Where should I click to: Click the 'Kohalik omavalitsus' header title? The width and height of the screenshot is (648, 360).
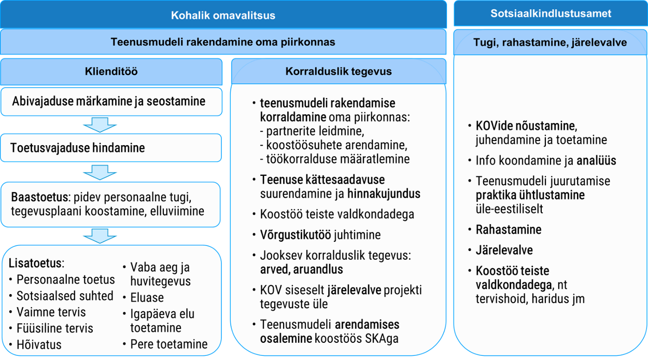tap(223, 16)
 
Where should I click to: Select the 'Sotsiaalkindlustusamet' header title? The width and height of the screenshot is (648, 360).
tap(551, 13)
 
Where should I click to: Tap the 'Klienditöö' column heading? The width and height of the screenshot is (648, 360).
tap(111, 71)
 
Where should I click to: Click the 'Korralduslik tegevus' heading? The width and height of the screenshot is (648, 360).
tap(339, 71)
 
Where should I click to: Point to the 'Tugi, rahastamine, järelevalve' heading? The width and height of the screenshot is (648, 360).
tap(550, 43)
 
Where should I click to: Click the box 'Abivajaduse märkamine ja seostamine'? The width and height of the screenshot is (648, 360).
tap(111, 102)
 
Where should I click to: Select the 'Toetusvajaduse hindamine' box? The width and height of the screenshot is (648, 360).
tap(111, 148)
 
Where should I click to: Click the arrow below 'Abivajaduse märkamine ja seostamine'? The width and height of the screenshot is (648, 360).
tap(100, 124)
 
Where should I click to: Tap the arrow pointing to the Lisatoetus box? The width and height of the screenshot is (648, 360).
tap(100, 236)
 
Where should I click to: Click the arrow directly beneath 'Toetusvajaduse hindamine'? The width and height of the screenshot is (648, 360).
tap(100, 172)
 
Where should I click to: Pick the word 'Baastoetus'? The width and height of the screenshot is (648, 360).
tap(39, 197)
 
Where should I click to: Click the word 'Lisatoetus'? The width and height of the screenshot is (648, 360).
tap(35, 263)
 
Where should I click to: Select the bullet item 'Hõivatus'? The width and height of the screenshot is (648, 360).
tap(39, 344)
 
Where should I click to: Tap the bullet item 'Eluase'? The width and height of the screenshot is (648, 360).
tap(147, 297)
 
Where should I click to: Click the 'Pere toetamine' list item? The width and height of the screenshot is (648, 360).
tap(169, 344)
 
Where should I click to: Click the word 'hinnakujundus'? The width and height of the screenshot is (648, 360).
tap(384, 193)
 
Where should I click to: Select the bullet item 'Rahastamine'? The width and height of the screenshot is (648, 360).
tap(509, 229)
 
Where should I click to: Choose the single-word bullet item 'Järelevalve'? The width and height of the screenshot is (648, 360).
tap(504, 250)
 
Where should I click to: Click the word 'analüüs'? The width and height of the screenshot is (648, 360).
tap(596, 160)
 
